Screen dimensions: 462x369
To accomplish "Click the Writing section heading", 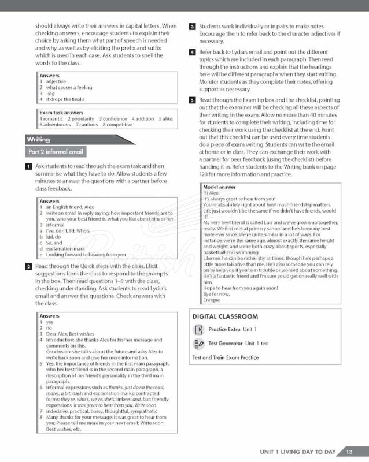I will click(39, 139).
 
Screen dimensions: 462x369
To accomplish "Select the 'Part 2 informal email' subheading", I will click(56, 152).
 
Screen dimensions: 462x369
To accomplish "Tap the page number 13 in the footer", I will click(349, 451).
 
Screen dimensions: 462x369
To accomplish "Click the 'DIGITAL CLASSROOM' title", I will click(225, 316).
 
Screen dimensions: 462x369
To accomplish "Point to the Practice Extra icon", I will click(198, 330).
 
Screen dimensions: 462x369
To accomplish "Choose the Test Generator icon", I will click(198, 344).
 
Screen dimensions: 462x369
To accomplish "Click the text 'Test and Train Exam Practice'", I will click(225, 357).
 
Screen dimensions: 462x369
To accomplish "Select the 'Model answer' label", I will click(219, 187).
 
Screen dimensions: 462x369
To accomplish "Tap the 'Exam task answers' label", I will click(62, 113).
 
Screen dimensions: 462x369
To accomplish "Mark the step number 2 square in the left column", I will click(29, 266).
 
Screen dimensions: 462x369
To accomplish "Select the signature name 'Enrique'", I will click(212, 300).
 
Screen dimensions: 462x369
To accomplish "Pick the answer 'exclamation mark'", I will click(65, 248).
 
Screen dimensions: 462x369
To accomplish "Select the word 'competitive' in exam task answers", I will click(120, 124).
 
